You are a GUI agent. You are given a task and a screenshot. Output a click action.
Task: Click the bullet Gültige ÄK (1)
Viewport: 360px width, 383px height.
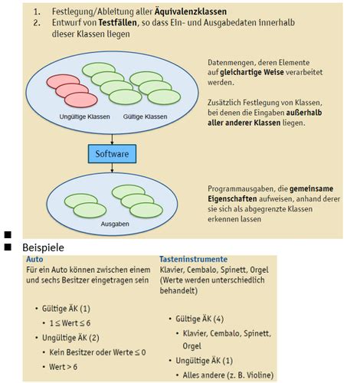coord(64,308)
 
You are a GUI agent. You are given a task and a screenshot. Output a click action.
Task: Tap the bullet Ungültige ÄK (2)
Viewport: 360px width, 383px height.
coord(69,337)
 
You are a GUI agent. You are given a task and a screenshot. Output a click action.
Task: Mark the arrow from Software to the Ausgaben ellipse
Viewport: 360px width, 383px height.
coord(113,170)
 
